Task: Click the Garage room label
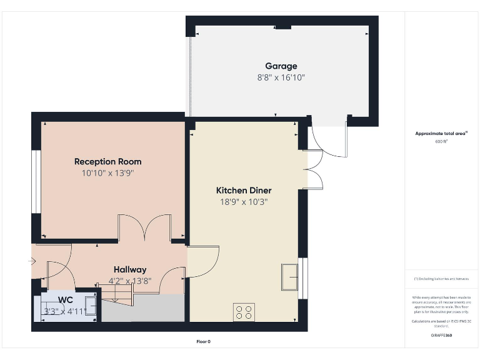point(281,66)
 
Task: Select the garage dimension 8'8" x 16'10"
point(281,77)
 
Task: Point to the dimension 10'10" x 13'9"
point(107,172)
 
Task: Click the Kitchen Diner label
point(244,190)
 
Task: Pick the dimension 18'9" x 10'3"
point(244,201)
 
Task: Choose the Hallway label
point(130,269)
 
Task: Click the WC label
point(66,299)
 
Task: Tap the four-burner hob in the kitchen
point(244,312)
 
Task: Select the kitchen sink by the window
point(290,277)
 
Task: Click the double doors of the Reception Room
point(144,227)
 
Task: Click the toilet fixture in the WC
point(90,306)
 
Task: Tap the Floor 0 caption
point(204,342)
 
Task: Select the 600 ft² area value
point(441,142)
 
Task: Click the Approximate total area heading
point(441,133)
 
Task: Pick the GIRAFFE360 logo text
point(441,336)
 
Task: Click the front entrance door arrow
point(32,262)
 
